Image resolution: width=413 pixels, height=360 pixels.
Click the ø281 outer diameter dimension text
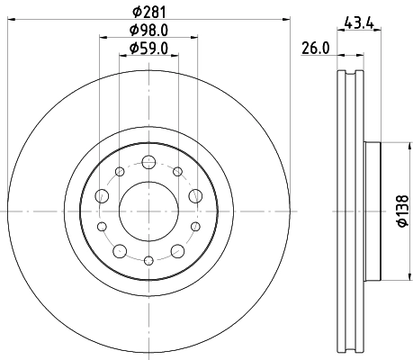pyautogui.click(x=149, y=12)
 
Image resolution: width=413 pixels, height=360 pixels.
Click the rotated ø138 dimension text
pyautogui.click(x=402, y=213)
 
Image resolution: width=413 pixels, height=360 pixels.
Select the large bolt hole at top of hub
pyautogui.click(x=148, y=163)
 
